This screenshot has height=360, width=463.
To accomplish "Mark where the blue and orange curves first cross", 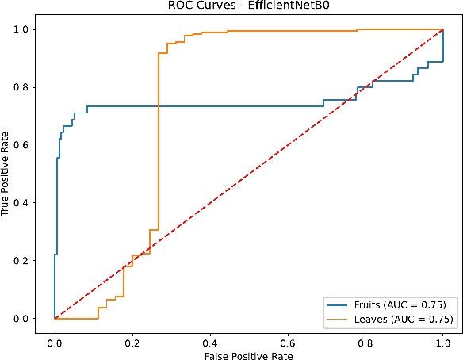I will (x=159, y=106).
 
